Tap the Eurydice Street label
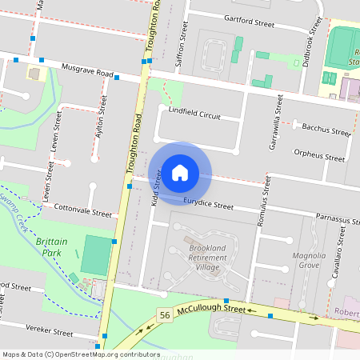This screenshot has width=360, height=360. click(207, 204)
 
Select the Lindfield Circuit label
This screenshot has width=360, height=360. click(194, 115)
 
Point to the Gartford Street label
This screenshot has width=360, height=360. click(250, 21)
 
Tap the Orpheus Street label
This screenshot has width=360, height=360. click(318, 154)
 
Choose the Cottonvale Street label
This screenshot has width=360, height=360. click(82, 212)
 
